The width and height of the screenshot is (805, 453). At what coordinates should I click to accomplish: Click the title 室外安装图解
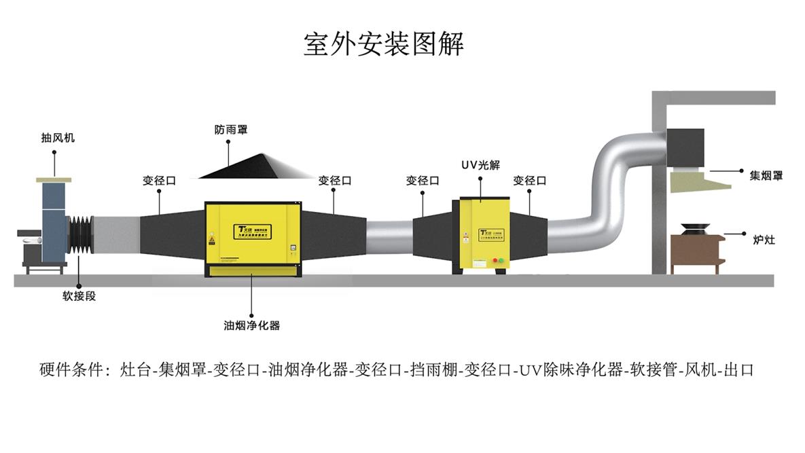(x=383, y=44)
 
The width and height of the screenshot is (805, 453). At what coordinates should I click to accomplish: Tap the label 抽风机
(x=58, y=138)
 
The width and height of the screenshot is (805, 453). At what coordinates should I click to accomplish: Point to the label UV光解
(x=480, y=165)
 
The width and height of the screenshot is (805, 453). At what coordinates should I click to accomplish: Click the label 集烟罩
(x=766, y=175)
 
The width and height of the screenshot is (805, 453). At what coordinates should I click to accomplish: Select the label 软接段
(x=79, y=296)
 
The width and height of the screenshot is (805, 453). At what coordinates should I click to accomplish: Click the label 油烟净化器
(x=252, y=325)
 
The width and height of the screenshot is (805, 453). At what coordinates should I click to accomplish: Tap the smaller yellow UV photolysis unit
(x=484, y=231)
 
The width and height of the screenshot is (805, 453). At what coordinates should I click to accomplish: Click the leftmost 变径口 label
(x=159, y=181)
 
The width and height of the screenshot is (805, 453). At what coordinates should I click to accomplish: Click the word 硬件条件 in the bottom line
(x=71, y=370)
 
